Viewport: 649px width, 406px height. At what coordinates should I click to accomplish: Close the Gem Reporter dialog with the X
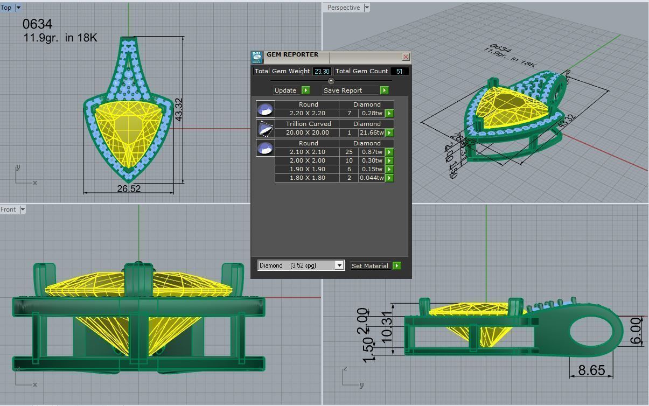coord(406,57)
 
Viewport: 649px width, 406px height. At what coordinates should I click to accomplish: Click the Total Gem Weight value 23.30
coord(322,71)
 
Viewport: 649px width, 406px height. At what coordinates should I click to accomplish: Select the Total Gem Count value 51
coord(399,71)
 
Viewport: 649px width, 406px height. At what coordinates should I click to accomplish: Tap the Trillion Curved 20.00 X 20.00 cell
coord(307,132)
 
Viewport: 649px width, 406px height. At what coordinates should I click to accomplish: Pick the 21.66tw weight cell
coord(371,132)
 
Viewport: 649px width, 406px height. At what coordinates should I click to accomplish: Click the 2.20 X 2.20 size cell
coord(307,113)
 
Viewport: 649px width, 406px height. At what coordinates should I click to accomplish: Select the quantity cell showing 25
coord(349,152)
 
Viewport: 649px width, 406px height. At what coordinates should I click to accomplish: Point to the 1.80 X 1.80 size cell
coord(307,178)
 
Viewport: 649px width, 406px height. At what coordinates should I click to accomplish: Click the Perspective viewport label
coord(343,8)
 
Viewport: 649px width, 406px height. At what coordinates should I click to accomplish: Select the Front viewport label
coord(8,209)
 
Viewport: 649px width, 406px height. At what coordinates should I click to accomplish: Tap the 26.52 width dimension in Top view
coord(129,188)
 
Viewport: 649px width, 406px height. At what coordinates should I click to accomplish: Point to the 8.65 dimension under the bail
coord(591,370)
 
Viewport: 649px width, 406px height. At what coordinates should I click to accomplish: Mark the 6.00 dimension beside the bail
coord(636,331)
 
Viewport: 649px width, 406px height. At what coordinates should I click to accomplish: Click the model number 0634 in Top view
coord(38,24)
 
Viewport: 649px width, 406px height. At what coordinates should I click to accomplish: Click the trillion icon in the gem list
coord(265,128)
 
